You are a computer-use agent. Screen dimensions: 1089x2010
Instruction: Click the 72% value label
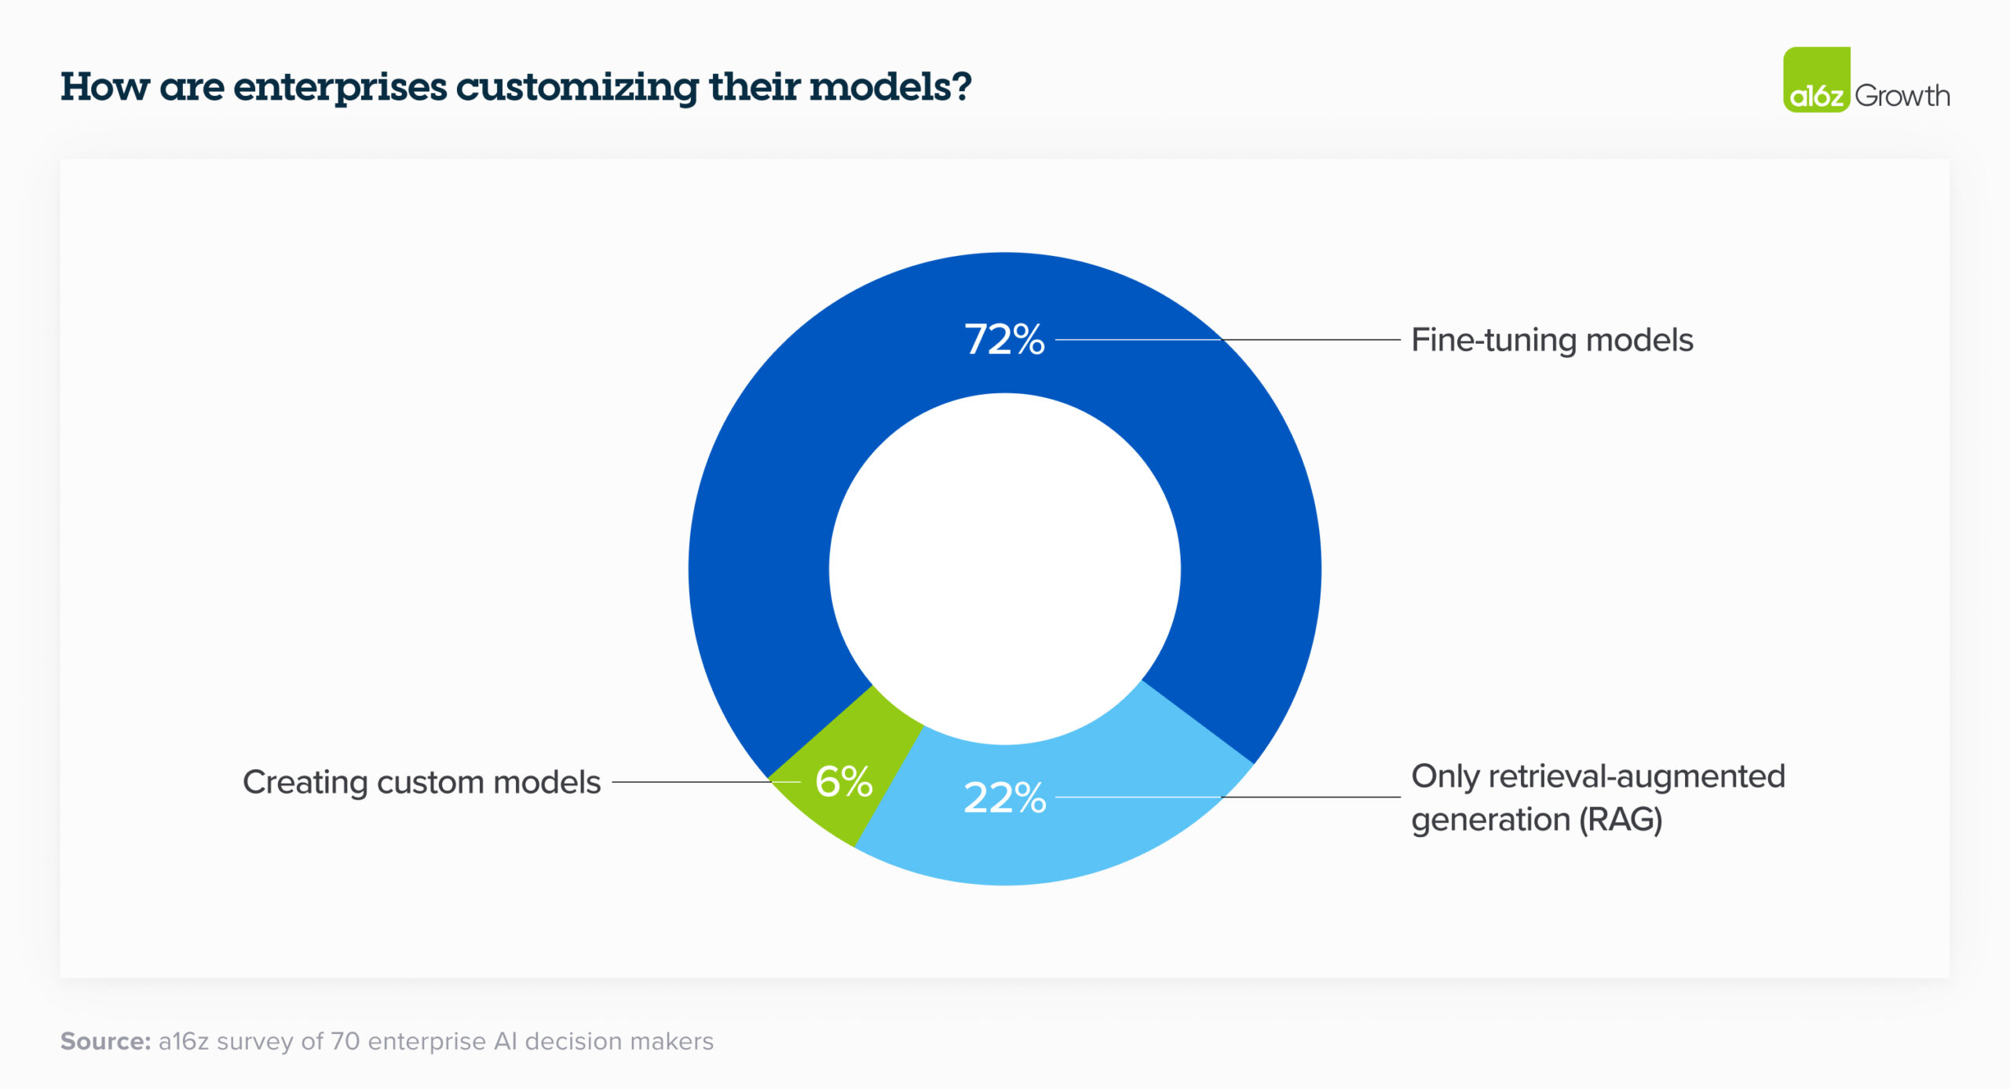click(x=1004, y=340)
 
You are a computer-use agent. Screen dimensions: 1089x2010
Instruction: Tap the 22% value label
click(x=1004, y=798)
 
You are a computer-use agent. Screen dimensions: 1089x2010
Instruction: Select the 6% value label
click(x=843, y=782)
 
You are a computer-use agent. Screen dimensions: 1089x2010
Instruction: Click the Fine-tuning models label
click(x=1551, y=340)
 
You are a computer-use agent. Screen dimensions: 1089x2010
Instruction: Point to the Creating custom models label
click(x=422, y=782)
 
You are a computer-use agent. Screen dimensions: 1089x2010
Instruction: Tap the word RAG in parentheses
click(x=1621, y=820)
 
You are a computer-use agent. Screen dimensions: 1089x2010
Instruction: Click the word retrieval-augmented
click(x=1636, y=777)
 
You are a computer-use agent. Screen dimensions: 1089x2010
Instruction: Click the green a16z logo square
click(x=1816, y=79)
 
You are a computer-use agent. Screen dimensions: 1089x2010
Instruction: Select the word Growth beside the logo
click(x=1902, y=96)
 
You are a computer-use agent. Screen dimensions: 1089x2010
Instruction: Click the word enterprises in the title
click(x=339, y=87)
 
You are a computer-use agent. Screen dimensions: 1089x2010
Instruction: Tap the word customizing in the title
click(x=576, y=87)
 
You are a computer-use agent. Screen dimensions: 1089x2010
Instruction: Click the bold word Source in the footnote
click(x=105, y=1041)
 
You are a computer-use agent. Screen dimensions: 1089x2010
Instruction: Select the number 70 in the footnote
click(x=345, y=1041)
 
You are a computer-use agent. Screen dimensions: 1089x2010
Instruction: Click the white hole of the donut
click(x=1004, y=569)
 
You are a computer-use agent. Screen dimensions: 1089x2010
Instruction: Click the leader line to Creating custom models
click(x=691, y=782)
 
